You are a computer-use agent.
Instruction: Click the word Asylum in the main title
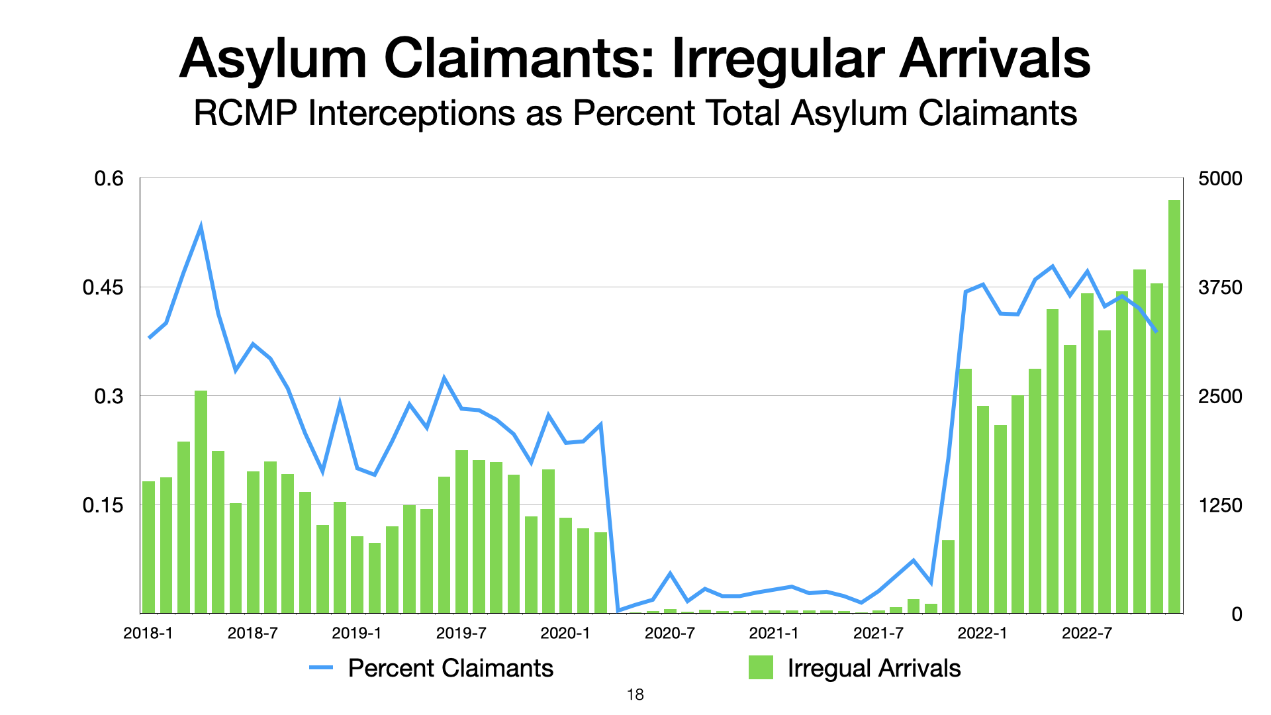[x=273, y=60]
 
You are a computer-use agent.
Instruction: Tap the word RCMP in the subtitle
[x=244, y=113]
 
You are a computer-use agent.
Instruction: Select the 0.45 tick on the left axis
[x=103, y=288]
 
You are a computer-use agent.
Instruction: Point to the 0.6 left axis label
[x=109, y=179]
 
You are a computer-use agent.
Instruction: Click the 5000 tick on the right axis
[x=1220, y=179]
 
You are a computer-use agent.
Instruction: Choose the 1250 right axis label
[x=1220, y=506]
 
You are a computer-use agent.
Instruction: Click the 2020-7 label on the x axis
[x=669, y=634]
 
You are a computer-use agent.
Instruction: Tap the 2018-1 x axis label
[x=148, y=634]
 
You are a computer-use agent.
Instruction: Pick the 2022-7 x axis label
[x=1086, y=634]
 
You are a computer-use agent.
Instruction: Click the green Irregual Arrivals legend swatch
[x=761, y=668]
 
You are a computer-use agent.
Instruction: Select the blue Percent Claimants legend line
[x=321, y=668]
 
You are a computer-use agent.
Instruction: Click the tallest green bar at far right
[x=1174, y=406]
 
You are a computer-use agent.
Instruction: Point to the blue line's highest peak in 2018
[x=201, y=227]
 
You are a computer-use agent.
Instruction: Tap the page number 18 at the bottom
[x=635, y=695]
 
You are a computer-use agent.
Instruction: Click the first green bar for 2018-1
[x=148, y=547]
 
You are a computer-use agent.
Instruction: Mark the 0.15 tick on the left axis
[x=103, y=506]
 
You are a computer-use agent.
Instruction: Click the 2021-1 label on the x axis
[x=774, y=634]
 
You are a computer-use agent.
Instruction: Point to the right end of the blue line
[x=1156, y=331]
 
